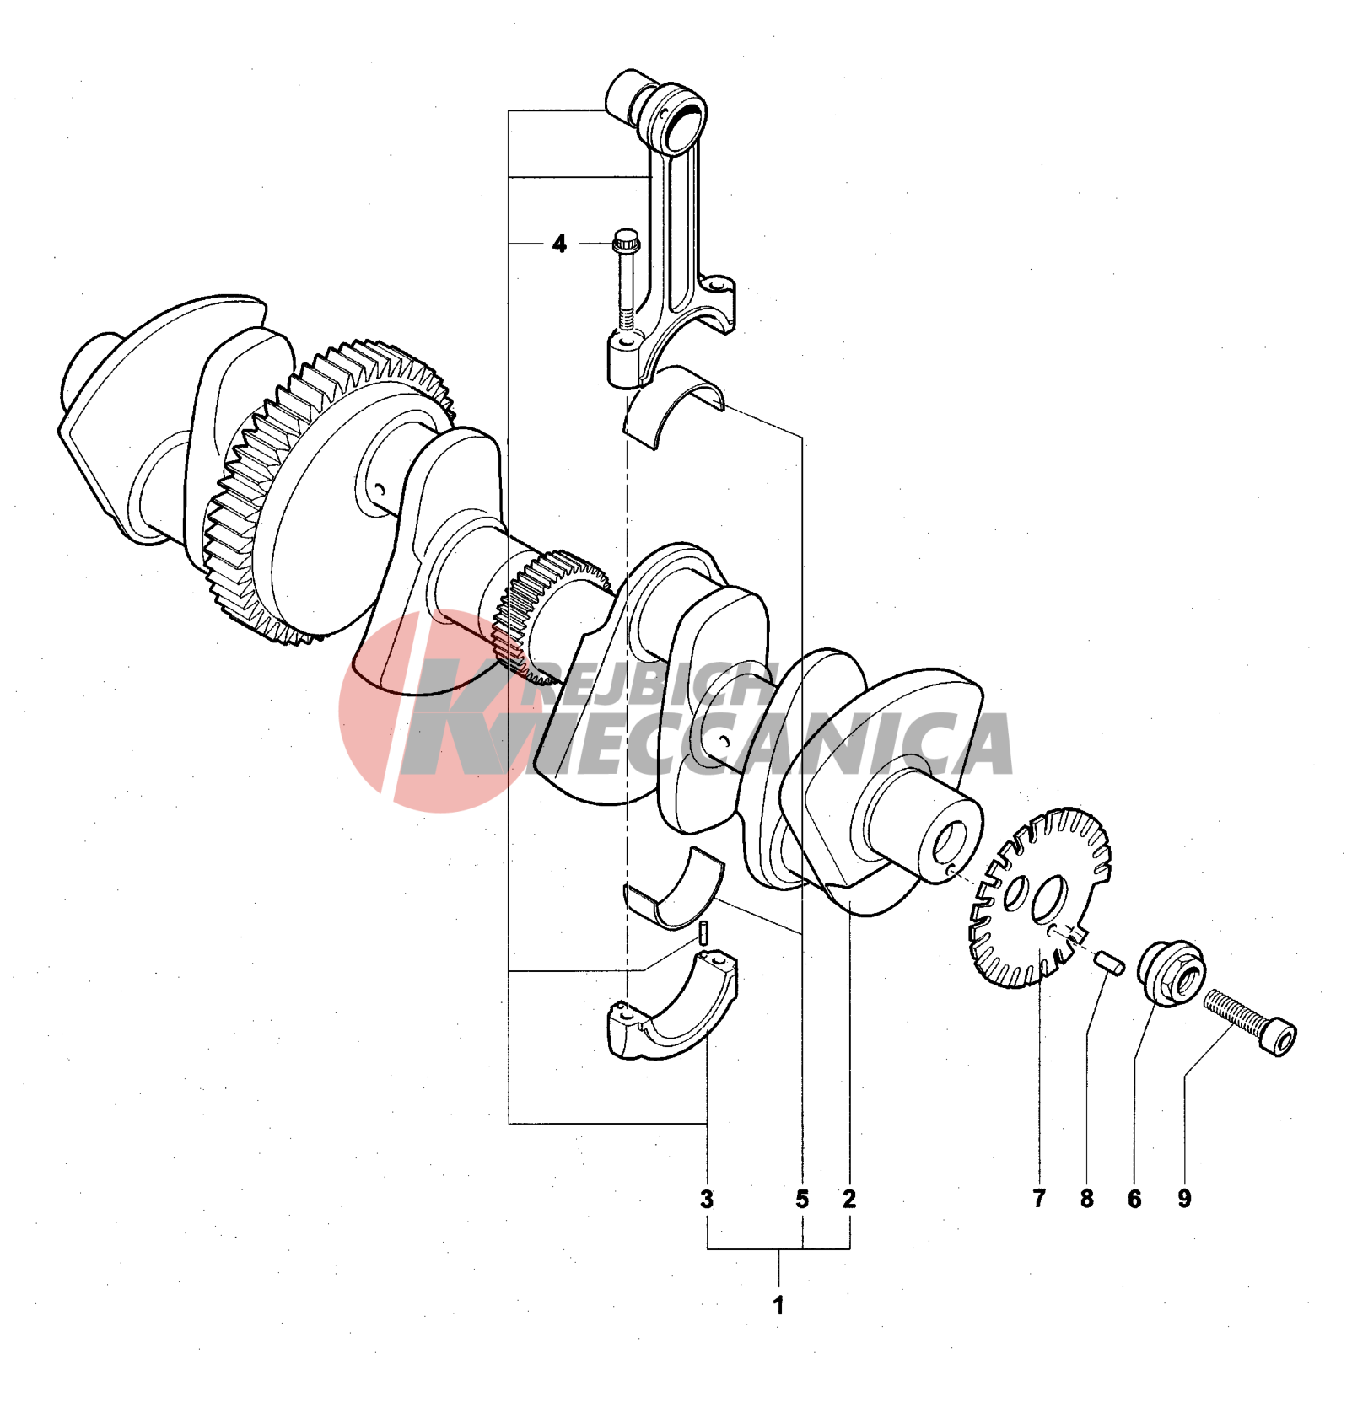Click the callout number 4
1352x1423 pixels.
coord(559,244)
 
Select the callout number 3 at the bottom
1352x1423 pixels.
coord(707,1199)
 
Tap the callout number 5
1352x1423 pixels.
coord(801,1199)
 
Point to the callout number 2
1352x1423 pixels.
coord(849,1199)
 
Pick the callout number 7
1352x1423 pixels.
coord(1039,1199)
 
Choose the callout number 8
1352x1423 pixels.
coord(1087,1199)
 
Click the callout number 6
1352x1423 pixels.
coord(1134,1199)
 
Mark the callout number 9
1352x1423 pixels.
coord(1184,1199)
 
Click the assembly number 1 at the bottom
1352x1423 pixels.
coord(778,1305)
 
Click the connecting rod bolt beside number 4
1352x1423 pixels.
coord(625,278)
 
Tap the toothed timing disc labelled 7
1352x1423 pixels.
coord(1040,898)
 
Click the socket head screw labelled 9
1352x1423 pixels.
coord(1250,1022)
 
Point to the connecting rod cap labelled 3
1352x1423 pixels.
coord(672,1008)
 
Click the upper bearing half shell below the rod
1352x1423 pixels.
coord(673,405)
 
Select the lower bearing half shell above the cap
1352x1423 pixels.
coord(674,891)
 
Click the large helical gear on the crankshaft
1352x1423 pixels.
coord(329,493)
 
